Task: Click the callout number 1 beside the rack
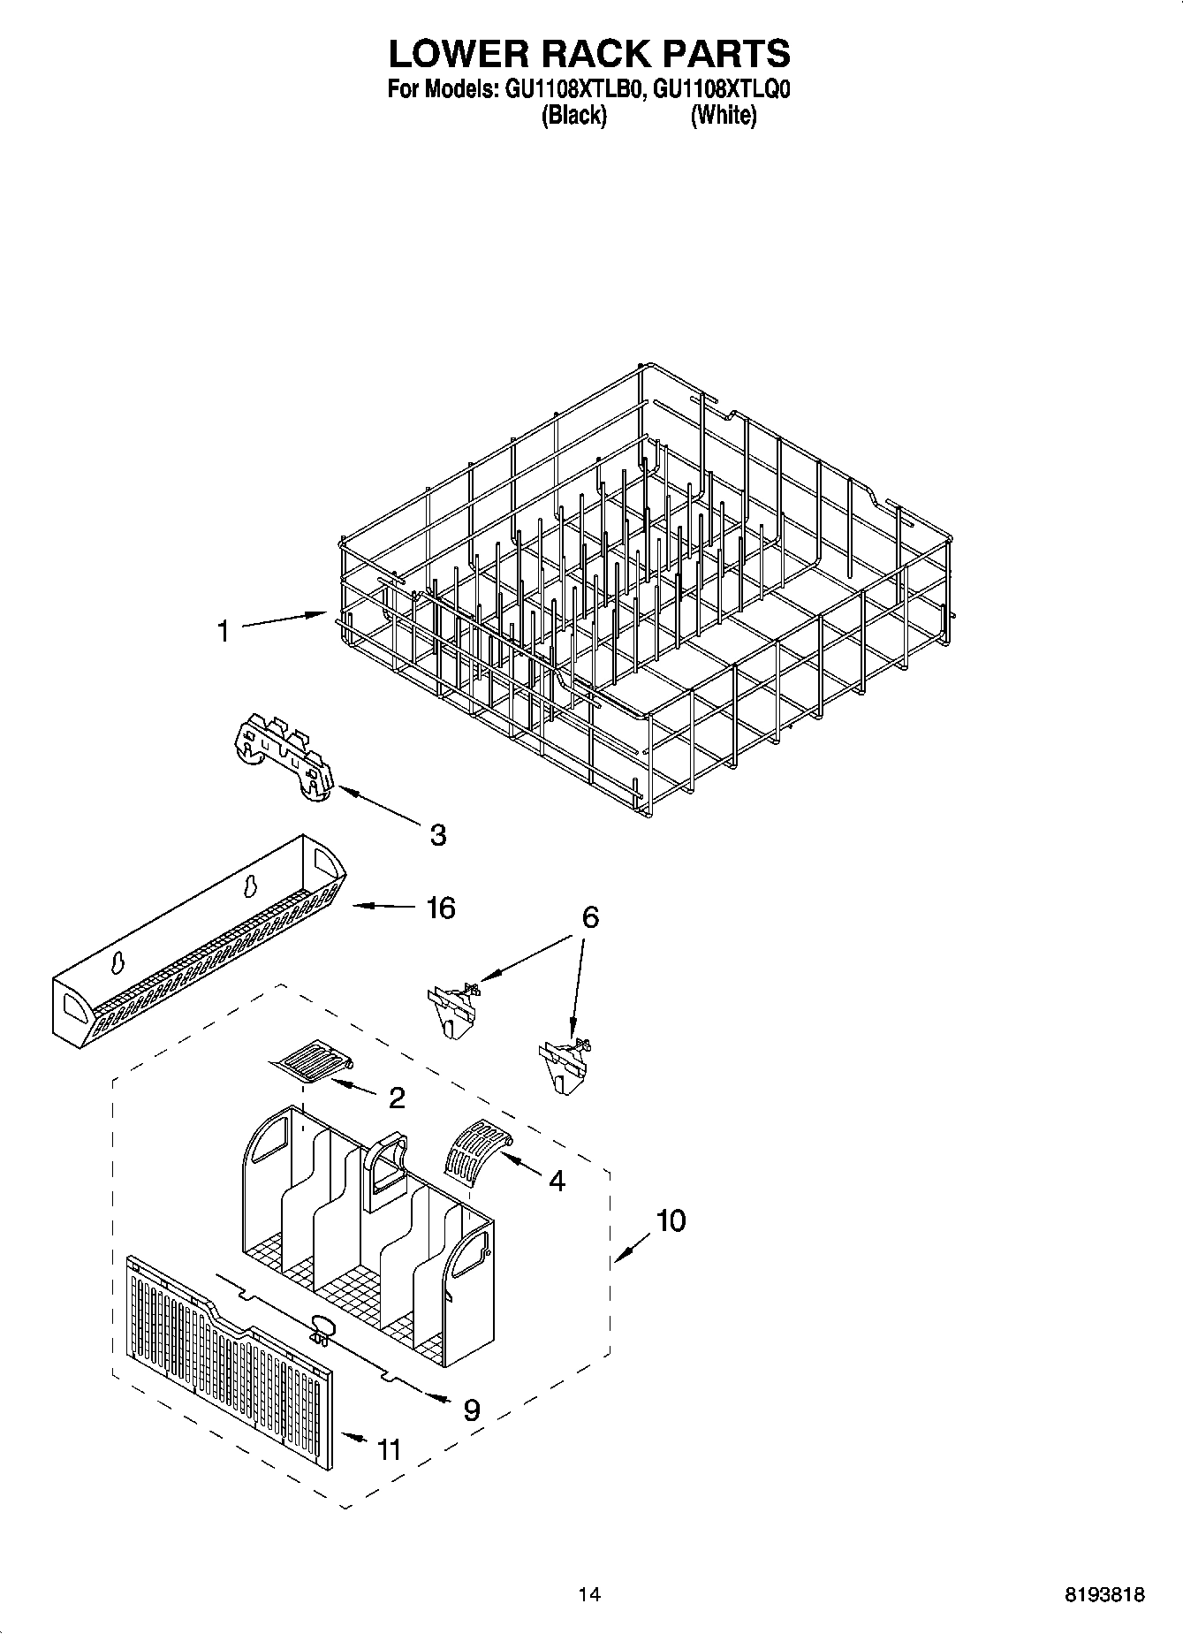(x=224, y=631)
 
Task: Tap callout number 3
(x=437, y=835)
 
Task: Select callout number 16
(x=440, y=908)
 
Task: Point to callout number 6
(x=589, y=917)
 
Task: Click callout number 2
(x=397, y=1098)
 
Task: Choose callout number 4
(x=557, y=1180)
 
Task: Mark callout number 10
(x=671, y=1220)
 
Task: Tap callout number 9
(x=472, y=1408)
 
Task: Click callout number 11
(x=389, y=1450)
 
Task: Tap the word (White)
(x=724, y=115)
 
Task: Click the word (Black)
(x=573, y=115)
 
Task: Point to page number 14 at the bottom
(x=589, y=1595)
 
